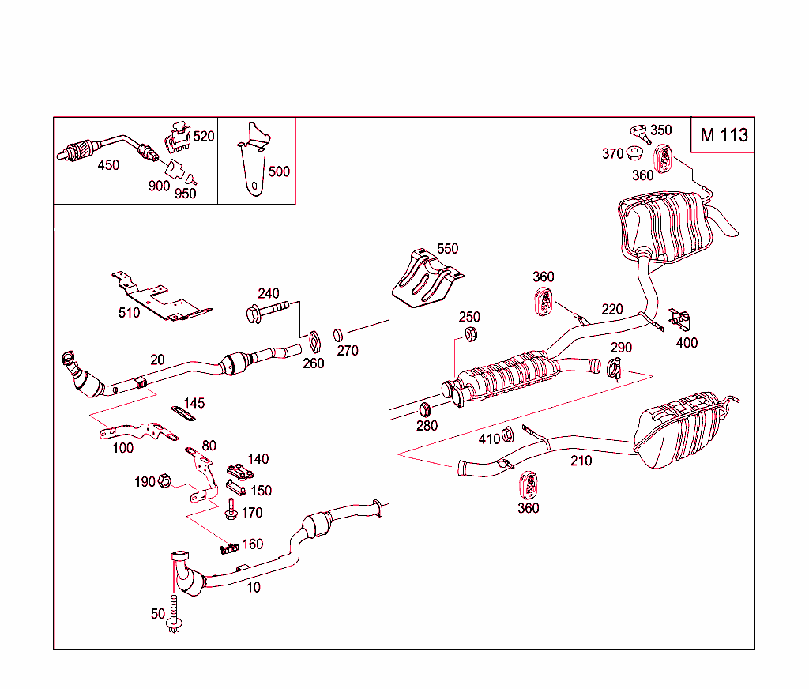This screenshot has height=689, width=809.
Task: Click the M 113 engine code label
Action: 723,135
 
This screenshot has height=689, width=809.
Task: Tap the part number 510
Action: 129,313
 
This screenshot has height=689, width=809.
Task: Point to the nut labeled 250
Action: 468,335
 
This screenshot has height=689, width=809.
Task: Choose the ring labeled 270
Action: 337,333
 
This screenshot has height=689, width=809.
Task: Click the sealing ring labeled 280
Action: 425,409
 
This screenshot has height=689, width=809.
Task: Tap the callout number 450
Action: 108,165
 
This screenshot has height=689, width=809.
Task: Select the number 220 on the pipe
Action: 611,309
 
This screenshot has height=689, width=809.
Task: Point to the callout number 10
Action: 253,587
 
